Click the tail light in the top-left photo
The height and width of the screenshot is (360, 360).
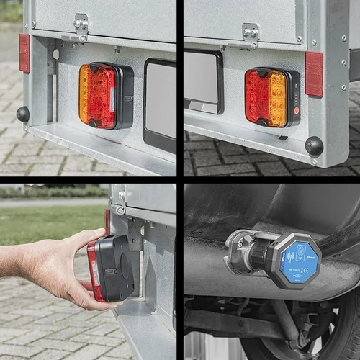104,95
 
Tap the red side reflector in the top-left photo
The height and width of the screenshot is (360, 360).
24,53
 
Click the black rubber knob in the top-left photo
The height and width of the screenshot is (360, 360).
23,114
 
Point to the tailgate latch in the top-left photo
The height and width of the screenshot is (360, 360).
81,27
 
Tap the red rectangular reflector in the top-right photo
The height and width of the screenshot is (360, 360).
314,74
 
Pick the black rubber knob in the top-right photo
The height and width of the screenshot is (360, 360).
314,145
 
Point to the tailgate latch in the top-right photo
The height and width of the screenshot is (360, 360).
250,33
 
